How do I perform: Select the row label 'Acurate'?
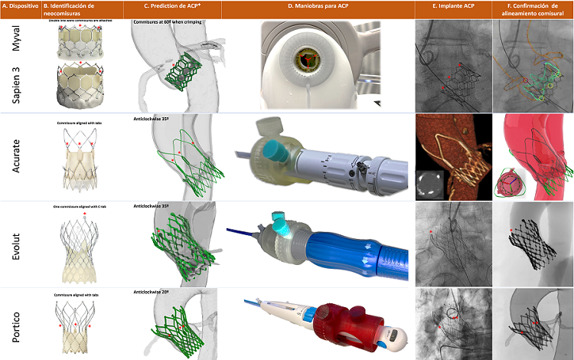16,157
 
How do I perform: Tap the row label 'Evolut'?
16,244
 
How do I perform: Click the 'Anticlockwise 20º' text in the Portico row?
150,293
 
